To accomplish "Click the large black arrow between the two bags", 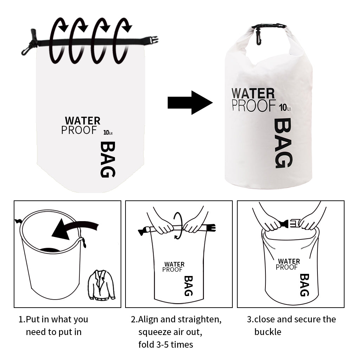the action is (190, 102).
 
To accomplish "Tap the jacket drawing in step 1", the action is (102, 285).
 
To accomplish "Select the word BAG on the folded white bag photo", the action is (283, 143).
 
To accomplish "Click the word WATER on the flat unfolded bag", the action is (83, 121).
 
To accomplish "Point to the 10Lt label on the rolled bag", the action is (285, 108).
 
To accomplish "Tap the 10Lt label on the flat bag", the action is (108, 133).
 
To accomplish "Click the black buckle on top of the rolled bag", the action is (269, 26).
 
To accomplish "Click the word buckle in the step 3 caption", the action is (268, 332).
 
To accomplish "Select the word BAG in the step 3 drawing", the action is (304, 285).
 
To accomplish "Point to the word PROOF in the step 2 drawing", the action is (172, 270).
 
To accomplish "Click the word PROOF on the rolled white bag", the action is (253, 105).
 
